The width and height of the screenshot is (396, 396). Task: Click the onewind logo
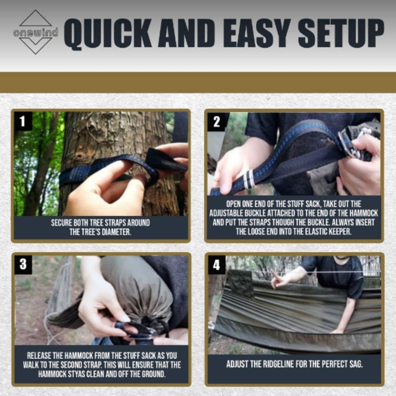click(x=36, y=32)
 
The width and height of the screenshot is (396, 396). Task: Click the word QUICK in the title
click(x=108, y=34)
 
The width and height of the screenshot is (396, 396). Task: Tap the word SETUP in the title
click(x=341, y=33)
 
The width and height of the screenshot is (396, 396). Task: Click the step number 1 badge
click(x=23, y=121)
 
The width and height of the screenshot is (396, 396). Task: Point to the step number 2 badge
click(x=216, y=122)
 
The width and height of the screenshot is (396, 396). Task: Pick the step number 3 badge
click(x=23, y=264)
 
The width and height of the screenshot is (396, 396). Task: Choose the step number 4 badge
click(x=216, y=265)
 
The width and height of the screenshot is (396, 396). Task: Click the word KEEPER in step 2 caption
click(x=340, y=232)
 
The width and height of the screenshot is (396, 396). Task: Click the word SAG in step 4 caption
click(x=356, y=364)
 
